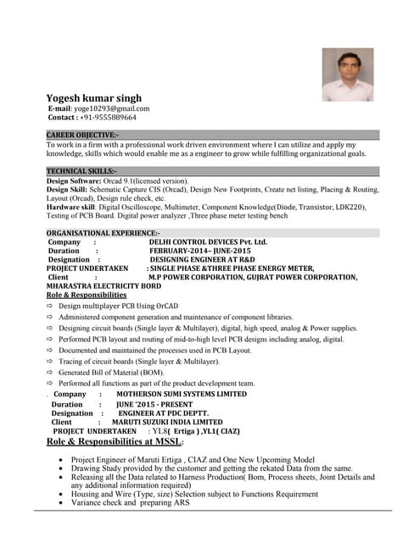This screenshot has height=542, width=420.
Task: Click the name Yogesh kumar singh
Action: [x=93, y=98]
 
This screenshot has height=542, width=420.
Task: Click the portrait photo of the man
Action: [x=347, y=75]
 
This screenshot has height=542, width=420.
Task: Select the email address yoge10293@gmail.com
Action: [x=112, y=108]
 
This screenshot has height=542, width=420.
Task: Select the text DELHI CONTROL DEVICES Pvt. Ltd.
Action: [x=208, y=242]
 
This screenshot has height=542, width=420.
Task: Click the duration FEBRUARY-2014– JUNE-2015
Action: [x=200, y=252]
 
